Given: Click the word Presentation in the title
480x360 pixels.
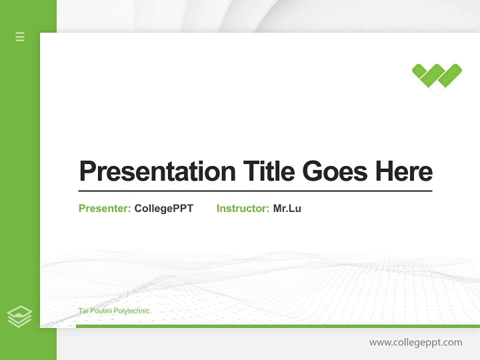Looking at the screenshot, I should (157, 171).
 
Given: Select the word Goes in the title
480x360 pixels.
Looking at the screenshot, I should (335, 171).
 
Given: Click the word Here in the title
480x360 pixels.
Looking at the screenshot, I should (403, 171).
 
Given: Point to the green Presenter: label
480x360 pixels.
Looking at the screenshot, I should (104, 208).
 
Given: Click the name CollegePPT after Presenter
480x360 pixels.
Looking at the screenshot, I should (163, 208).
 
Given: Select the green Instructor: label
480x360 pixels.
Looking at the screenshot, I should (242, 208).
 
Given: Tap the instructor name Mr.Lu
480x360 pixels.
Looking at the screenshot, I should (287, 208).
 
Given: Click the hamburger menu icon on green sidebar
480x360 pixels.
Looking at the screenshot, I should (20, 36).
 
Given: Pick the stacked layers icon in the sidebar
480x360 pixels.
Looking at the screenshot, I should (19, 316).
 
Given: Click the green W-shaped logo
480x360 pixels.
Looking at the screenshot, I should (436, 77).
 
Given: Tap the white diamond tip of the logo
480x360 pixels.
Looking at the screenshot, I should (437, 90).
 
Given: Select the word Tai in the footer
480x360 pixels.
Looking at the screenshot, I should (83, 311).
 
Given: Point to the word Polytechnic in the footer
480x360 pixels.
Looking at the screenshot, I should (132, 311).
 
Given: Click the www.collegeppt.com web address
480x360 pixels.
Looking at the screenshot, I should (415, 342).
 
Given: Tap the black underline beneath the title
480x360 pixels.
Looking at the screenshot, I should (255, 191).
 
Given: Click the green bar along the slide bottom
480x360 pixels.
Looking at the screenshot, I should (277, 326).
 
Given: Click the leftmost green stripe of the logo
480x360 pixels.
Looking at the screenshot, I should (419, 71).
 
